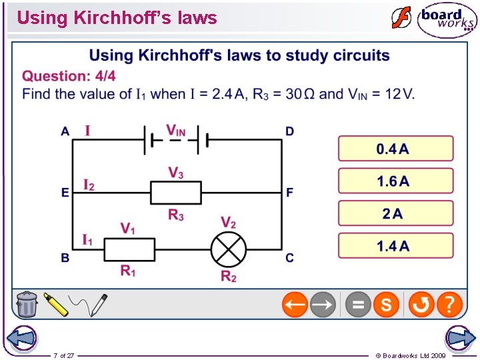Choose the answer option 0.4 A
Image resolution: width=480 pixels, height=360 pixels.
(x=395, y=149)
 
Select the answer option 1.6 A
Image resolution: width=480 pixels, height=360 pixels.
(x=395, y=181)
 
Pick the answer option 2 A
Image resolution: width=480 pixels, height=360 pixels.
(x=395, y=213)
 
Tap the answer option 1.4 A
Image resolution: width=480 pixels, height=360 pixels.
(x=395, y=246)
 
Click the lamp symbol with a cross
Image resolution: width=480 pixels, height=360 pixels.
(x=229, y=250)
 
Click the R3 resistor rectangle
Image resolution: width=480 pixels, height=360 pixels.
(x=176, y=193)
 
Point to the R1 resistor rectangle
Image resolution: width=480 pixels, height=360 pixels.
(x=129, y=250)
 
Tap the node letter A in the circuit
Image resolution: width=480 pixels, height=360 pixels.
(x=65, y=132)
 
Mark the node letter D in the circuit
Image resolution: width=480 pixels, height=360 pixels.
(x=289, y=132)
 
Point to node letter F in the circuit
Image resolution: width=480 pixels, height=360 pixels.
(x=289, y=193)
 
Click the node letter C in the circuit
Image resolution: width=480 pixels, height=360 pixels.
(x=289, y=258)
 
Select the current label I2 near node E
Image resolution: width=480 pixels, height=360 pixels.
(x=89, y=184)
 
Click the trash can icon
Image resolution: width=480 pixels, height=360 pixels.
(x=27, y=304)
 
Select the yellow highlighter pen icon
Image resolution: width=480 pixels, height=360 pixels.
(x=57, y=305)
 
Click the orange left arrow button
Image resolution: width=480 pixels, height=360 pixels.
(x=295, y=305)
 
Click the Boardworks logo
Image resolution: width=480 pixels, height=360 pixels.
(x=447, y=20)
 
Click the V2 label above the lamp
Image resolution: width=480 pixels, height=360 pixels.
(x=228, y=222)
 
